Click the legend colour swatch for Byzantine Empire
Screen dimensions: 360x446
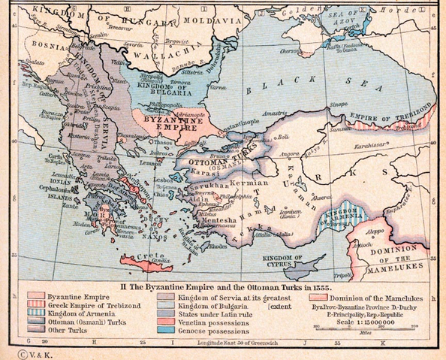pos(37,290)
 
